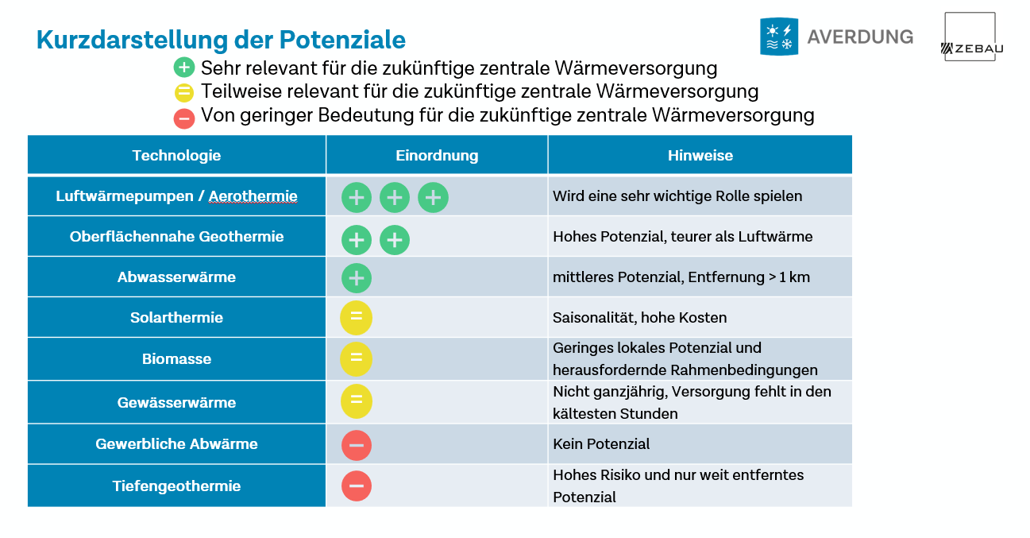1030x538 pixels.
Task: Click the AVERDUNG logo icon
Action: [x=778, y=37]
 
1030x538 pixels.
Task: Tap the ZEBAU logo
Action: [x=970, y=37]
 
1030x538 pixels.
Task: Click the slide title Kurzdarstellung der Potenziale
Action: [x=221, y=40]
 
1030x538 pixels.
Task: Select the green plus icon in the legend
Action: [x=184, y=68]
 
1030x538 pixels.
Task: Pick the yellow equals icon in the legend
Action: [x=184, y=92]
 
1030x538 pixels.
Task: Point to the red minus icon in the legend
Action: [x=184, y=118]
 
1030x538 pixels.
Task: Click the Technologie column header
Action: [x=176, y=156]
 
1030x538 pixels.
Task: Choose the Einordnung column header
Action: [x=437, y=156]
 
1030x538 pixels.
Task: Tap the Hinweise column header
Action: [x=700, y=156]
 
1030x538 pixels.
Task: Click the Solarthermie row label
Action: [x=176, y=318]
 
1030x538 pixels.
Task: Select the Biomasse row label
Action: [x=176, y=359]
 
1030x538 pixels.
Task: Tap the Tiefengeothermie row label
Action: [x=176, y=486]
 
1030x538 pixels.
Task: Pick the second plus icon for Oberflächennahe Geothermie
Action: [x=395, y=239]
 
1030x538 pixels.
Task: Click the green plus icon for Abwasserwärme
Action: [x=357, y=278]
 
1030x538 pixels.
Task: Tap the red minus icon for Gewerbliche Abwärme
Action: [x=357, y=445]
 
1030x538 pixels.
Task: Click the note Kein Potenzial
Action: [x=601, y=444]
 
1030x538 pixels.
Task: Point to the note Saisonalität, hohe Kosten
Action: [x=639, y=318]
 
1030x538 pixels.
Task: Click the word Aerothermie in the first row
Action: [x=253, y=196]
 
